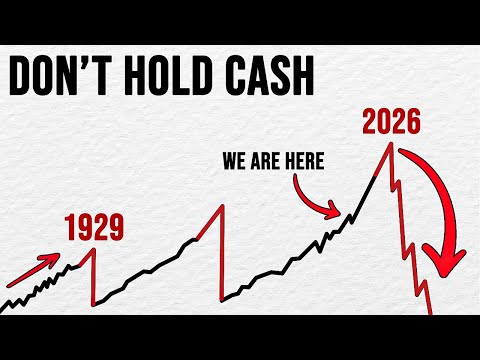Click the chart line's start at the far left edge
coord(3,305)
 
